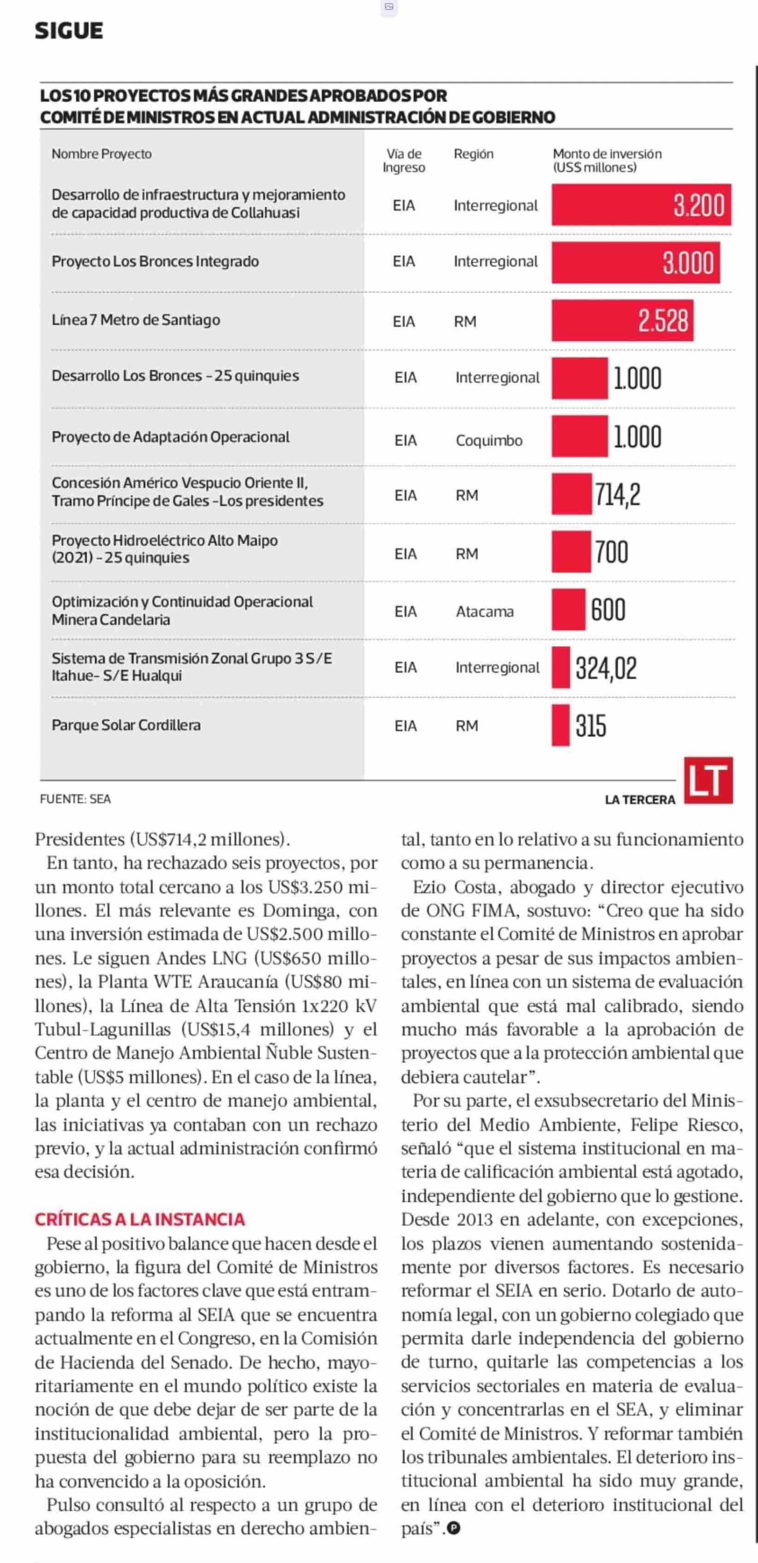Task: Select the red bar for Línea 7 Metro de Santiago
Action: tap(622, 320)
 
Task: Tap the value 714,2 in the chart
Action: tap(617, 495)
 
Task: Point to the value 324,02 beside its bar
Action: tap(606, 668)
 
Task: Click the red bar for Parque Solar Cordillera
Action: tap(560, 725)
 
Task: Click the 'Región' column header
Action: tap(474, 154)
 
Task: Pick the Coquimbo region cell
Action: tap(489, 440)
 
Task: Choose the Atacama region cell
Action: tap(485, 611)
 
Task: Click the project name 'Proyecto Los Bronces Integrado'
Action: tap(155, 262)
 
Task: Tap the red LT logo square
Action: tap(708, 780)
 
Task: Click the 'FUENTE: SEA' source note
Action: tap(75, 799)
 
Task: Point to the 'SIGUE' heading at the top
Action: tap(68, 30)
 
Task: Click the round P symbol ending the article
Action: tap(453, 1529)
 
